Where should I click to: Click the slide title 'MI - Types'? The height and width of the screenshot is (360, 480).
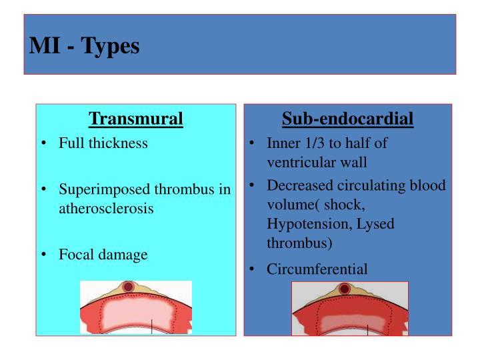[x=85, y=48]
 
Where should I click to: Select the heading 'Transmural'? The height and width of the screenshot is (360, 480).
[x=136, y=119]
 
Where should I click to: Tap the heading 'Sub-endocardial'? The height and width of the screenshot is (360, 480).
[x=347, y=119]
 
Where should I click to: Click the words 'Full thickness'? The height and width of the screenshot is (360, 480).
[x=103, y=143]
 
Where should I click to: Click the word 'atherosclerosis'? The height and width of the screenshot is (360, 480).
[x=107, y=208]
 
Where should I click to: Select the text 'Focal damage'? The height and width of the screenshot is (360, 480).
[x=103, y=254]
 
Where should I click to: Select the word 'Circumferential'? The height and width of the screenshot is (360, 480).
[x=317, y=269]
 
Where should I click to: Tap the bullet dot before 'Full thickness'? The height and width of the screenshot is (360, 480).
[x=43, y=144]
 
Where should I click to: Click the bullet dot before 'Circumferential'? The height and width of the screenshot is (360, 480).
[x=253, y=270]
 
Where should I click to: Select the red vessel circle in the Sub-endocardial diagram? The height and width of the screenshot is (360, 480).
[x=344, y=289]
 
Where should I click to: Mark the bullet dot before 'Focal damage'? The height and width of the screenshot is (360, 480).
[x=43, y=255]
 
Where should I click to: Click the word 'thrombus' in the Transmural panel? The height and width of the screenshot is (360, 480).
[x=193, y=189]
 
